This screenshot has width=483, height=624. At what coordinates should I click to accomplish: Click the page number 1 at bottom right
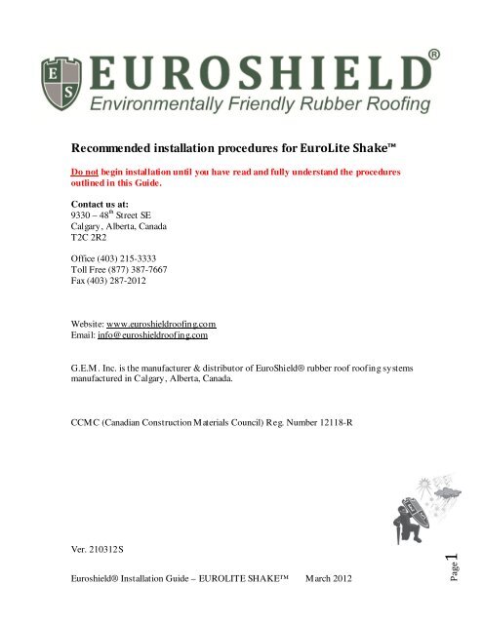tap(455, 562)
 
